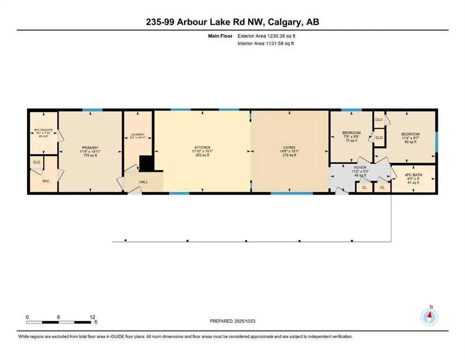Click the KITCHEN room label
click(x=203, y=147)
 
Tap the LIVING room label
click(x=289, y=147)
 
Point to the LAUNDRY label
click(x=137, y=135)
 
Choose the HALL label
click(x=143, y=182)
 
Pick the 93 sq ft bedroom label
click(x=410, y=134)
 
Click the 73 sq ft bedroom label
click(x=351, y=133)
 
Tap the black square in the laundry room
click(x=147, y=165)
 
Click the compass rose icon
click(x=429, y=317)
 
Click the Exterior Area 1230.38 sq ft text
click(x=266, y=36)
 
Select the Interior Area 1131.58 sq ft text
click(x=266, y=44)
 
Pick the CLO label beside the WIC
click(x=36, y=162)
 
